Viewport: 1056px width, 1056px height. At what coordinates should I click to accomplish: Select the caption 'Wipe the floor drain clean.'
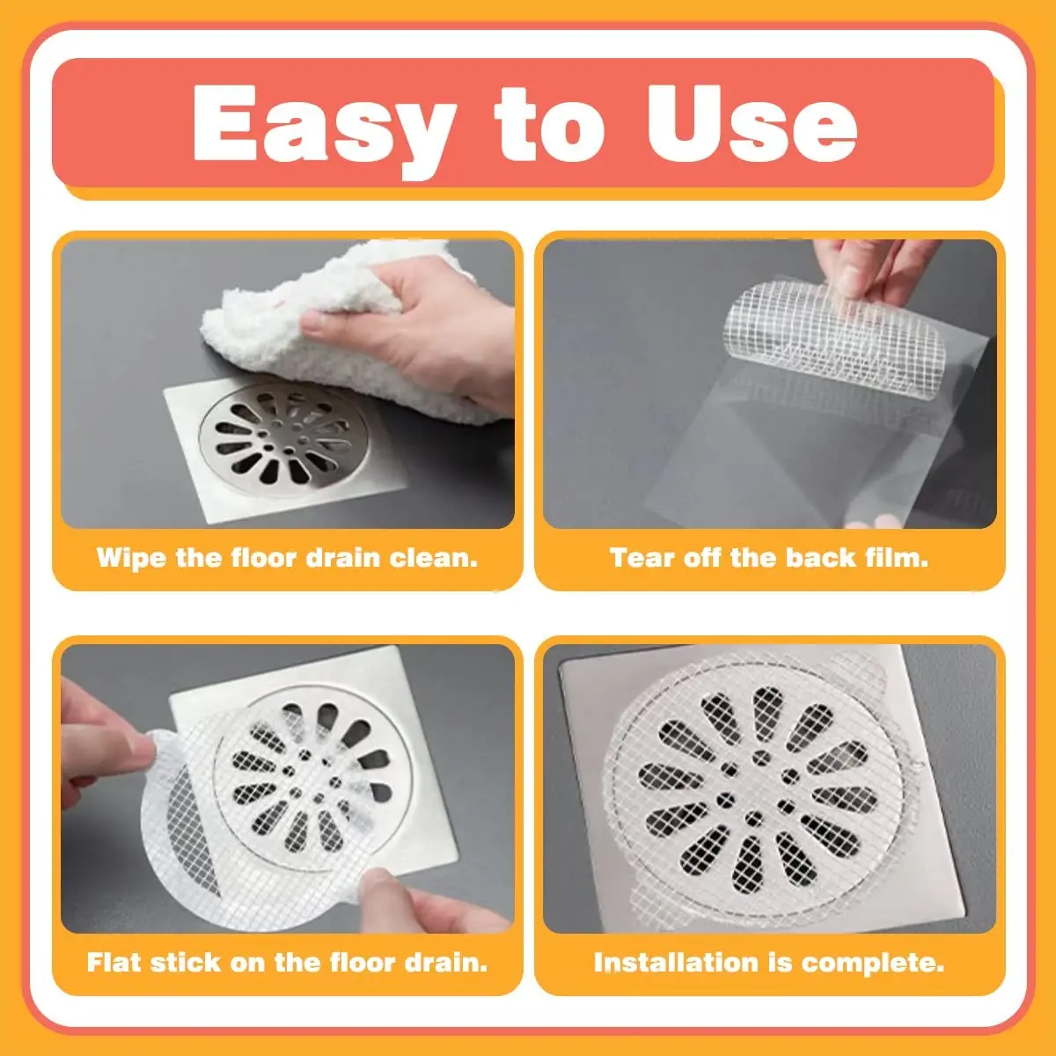pos(287,558)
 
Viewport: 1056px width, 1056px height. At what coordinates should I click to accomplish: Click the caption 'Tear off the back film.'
pos(769,558)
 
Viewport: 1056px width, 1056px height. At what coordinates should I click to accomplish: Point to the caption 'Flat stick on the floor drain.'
pos(287,962)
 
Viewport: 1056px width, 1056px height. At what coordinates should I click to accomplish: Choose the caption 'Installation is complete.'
pos(769,962)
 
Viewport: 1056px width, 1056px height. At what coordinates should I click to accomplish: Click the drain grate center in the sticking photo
pos(304,774)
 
